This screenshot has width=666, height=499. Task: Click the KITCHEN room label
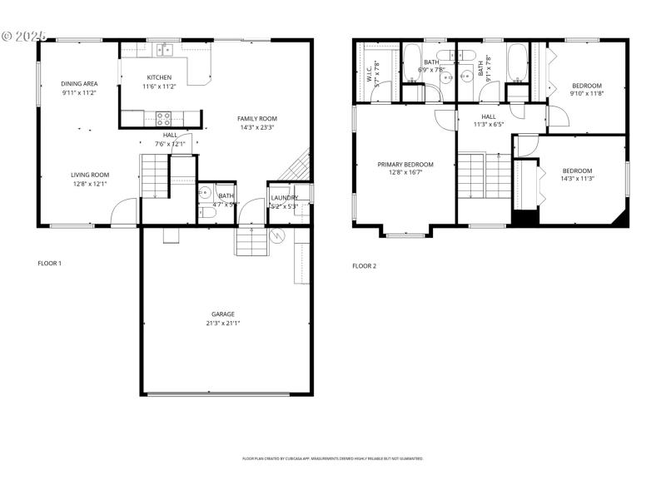(x=159, y=77)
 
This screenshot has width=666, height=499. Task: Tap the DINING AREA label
(x=80, y=84)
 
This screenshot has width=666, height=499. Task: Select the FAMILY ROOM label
(x=256, y=118)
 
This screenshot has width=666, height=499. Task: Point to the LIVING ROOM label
(x=91, y=175)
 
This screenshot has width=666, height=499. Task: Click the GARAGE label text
(x=222, y=314)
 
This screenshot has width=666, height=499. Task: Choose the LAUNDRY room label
(x=285, y=197)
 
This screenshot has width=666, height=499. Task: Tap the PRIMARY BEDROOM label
(x=405, y=165)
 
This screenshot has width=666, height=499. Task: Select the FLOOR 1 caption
(x=50, y=264)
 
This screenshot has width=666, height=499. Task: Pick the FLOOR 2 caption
(x=364, y=266)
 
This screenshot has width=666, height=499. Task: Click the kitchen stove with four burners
(x=164, y=117)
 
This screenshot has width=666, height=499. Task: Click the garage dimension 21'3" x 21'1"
(x=222, y=324)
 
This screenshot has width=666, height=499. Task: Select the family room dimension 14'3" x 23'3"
(x=256, y=127)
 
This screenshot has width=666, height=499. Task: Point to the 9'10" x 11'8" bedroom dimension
(x=586, y=94)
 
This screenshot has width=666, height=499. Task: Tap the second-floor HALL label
(x=488, y=116)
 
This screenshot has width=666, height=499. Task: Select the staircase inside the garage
(x=251, y=241)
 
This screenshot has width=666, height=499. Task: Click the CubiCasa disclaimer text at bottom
(x=333, y=458)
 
